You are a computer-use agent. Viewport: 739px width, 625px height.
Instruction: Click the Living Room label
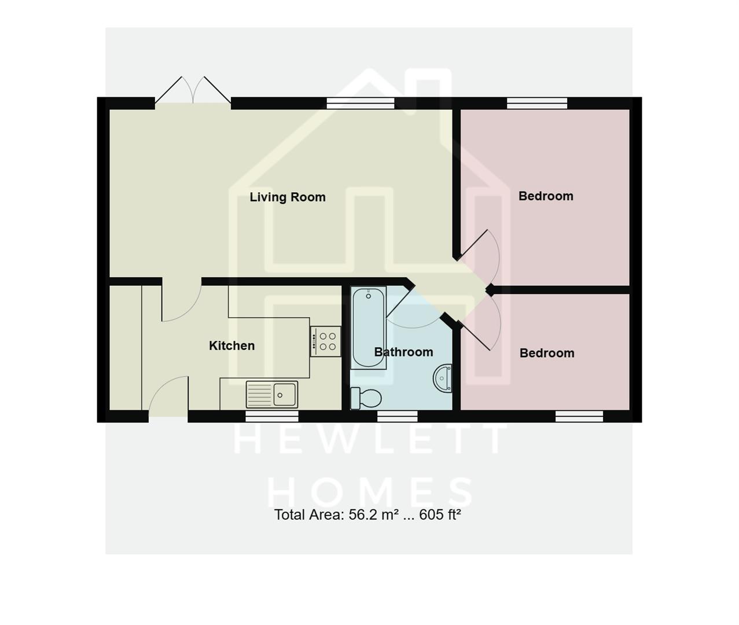click(288, 197)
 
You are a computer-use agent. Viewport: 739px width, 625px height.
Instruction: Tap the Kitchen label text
click(231, 345)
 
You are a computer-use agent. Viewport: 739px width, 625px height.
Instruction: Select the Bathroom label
click(403, 352)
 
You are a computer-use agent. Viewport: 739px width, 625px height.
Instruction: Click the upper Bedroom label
click(546, 196)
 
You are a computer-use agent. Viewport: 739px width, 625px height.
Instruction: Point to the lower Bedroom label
click(547, 353)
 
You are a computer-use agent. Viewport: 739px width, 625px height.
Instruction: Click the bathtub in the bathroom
click(368, 328)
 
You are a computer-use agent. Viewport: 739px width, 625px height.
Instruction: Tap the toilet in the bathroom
click(367, 398)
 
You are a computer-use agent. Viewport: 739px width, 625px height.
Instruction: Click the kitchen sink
click(272, 395)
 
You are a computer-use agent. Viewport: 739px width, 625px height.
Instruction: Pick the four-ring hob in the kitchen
click(325, 341)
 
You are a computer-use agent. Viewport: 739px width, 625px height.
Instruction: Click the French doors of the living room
click(193, 93)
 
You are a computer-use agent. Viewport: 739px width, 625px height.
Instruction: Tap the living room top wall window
click(361, 104)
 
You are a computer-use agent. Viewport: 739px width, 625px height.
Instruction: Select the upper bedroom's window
click(537, 104)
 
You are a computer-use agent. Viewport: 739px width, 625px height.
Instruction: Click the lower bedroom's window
click(579, 416)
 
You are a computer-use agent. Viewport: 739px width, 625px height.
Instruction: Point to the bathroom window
click(398, 416)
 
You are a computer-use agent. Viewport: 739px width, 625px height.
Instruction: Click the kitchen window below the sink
click(272, 416)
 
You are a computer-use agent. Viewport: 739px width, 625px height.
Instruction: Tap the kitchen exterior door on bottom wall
click(168, 399)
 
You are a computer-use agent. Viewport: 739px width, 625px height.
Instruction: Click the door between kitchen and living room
click(181, 301)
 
